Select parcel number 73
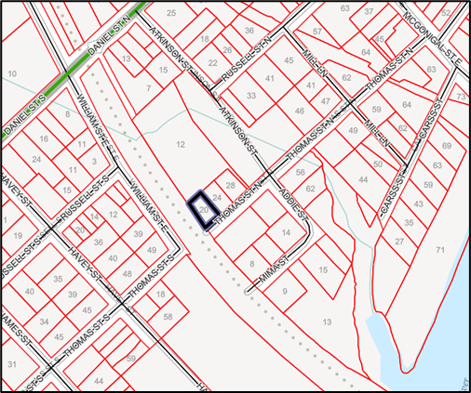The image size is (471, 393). [x=461, y=97]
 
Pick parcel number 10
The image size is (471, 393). [x=11, y=72]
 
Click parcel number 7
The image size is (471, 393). [x=149, y=88]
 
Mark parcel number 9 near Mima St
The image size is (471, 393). [x=285, y=291]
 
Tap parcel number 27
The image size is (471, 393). [x=399, y=241]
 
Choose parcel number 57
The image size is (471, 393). [x=316, y=32]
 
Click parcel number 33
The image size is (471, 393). [x=251, y=96]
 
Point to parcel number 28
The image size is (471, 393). [x=231, y=186]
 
